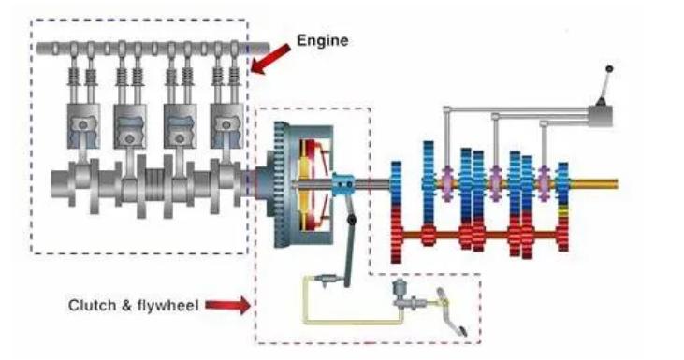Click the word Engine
click(323, 40)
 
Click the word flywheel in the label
click(168, 305)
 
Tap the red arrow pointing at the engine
click(270, 59)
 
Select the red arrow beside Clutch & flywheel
click(227, 305)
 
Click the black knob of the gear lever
click(609, 69)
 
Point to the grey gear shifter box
click(601, 116)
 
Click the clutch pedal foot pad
click(459, 329)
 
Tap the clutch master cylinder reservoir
click(399, 287)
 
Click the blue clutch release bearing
click(343, 185)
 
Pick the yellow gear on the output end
click(563, 212)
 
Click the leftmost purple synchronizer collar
click(447, 183)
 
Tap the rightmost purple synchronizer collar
click(544, 183)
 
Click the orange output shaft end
click(594, 184)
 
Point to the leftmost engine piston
click(83, 126)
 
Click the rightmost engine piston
click(226, 126)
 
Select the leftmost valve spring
click(73, 77)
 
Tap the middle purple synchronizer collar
click(495, 183)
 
